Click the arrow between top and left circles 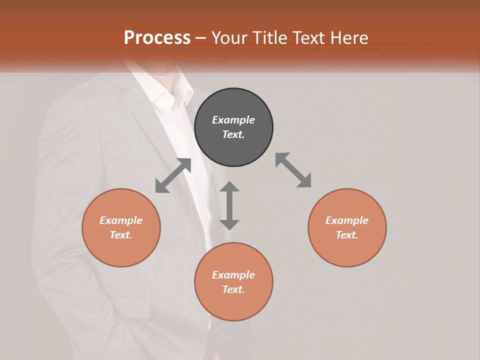[x=173, y=175]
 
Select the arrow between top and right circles [x=293, y=170]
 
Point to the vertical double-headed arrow [x=229, y=205]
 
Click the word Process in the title [x=157, y=37]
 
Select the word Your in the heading [x=228, y=38]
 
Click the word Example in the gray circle [x=233, y=120]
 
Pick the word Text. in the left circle [x=121, y=235]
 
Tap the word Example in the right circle [x=347, y=220]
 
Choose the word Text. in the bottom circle [x=233, y=289]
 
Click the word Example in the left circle [x=121, y=220]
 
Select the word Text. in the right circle [x=347, y=235]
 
